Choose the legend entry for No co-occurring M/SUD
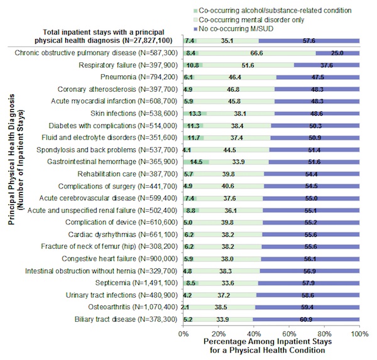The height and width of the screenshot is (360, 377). point(251,29)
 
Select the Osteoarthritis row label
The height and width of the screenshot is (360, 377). point(133,306)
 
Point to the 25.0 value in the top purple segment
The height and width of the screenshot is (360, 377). point(337,54)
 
